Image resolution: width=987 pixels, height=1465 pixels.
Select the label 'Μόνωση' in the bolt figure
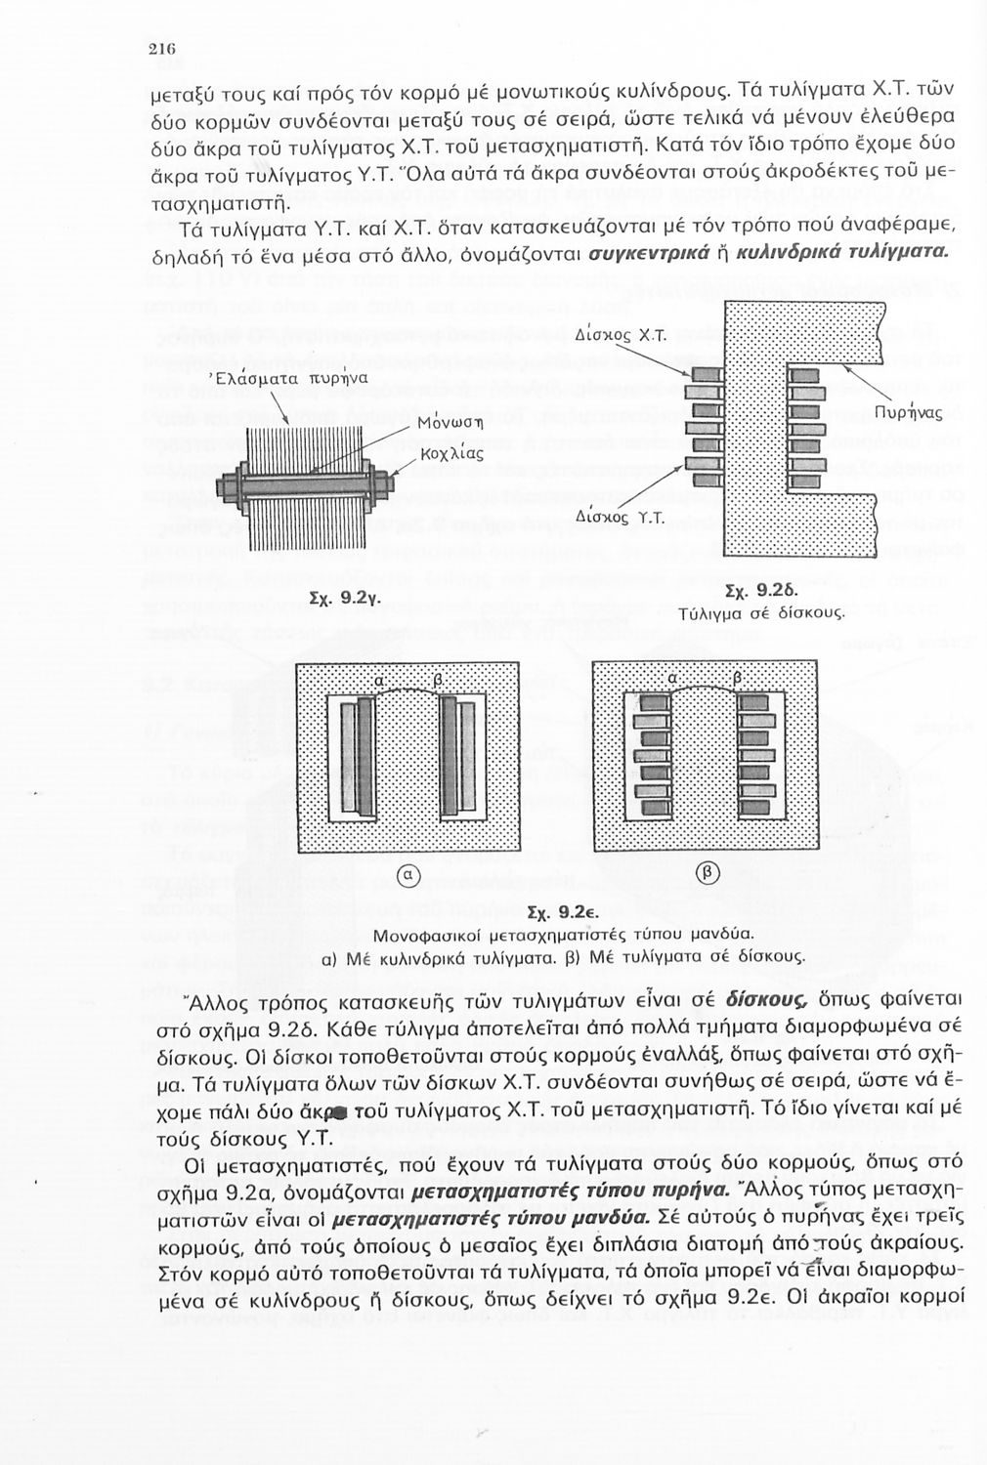[451, 425]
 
